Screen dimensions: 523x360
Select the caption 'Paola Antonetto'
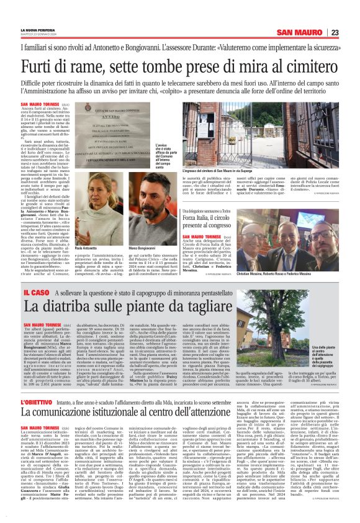pyautogui.click(x=104, y=248)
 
